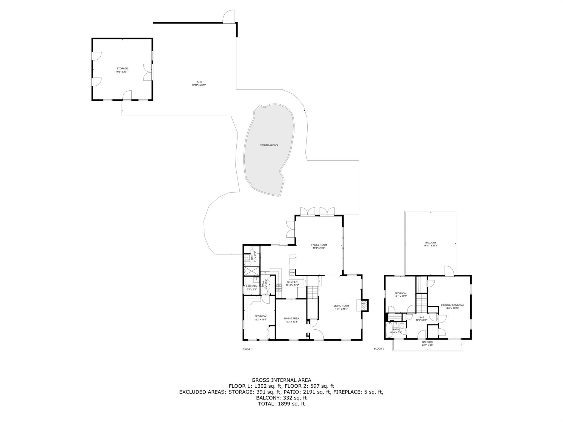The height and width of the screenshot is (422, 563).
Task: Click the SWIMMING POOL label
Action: tap(269, 145)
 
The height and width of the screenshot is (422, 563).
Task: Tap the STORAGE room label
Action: tap(122, 68)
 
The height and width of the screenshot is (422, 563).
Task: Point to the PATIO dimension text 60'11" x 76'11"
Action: tap(199, 85)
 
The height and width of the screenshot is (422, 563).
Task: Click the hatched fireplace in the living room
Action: tap(364, 305)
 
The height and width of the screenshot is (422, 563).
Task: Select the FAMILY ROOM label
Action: tap(319, 245)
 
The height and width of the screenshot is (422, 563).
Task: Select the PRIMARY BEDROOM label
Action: tap(452, 305)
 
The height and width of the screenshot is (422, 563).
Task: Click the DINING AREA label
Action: tap(291, 318)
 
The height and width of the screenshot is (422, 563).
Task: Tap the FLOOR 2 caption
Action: tap(379, 349)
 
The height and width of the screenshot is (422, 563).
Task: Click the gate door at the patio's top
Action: tap(228, 16)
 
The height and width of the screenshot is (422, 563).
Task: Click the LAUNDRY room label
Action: tap(252, 286)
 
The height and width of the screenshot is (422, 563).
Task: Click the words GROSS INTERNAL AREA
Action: tap(281, 380)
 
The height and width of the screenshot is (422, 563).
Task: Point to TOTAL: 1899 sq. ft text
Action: tap(281, 404)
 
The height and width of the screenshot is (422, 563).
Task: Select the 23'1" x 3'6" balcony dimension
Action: tap(427, 345)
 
